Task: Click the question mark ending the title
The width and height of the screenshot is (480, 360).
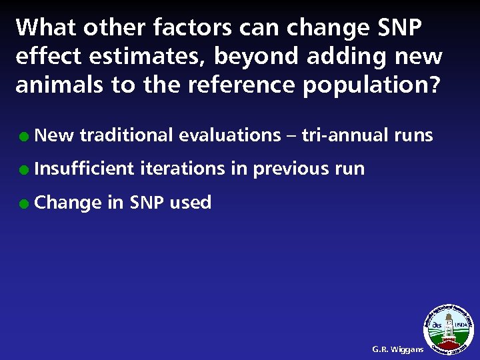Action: pyautogui.click(x=434, y=85)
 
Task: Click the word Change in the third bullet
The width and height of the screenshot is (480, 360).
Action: pyautogui.click(x=66, y=203)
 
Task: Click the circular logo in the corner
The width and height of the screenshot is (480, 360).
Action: pyautogui.click(x=449, y=327)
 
